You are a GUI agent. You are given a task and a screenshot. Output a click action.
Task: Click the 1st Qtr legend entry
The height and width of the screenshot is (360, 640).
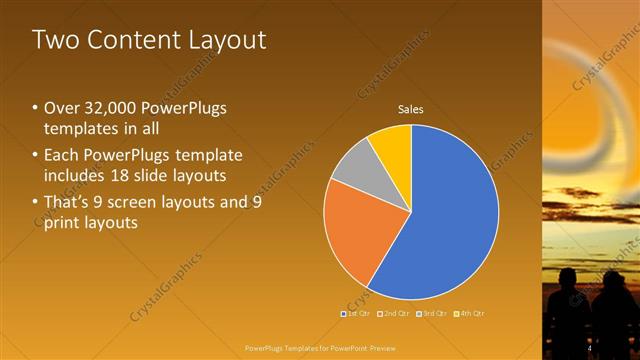click(356, 314)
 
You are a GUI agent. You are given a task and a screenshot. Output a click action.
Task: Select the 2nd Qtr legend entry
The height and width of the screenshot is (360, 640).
click(395, 314)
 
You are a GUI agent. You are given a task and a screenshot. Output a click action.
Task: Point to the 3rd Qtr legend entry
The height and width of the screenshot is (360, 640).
click(433, 314)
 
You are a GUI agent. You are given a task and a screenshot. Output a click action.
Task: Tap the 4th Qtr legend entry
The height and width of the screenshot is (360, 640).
click(470, 314)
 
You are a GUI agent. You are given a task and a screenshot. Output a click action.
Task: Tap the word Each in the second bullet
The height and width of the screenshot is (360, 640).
click(61, 156)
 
